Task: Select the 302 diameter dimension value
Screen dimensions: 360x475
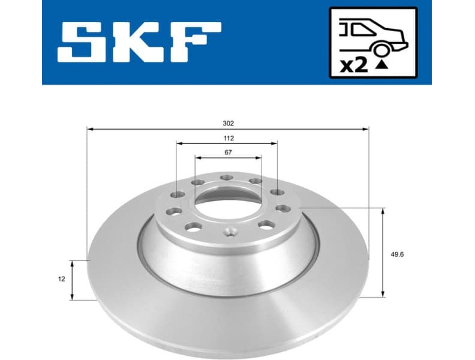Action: click(x=228, y=123)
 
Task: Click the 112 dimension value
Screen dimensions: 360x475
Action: click(x=228, y=138)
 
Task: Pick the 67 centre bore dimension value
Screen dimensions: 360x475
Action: click(x=228, y=152)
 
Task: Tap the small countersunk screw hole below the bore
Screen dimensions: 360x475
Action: click(x=229, y=232)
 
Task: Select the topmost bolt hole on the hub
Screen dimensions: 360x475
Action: click(x=226, y=178)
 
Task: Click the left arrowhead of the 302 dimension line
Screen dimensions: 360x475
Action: click(x=90, y=128)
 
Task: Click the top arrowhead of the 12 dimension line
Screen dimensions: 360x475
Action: click(x=72, y=263)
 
